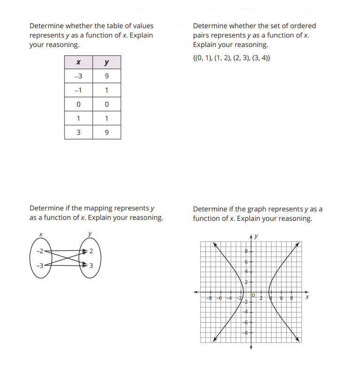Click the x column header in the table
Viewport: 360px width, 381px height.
pos(78,62)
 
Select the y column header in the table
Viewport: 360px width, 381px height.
pos(107,62)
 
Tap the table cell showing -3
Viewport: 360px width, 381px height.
pos(78,77)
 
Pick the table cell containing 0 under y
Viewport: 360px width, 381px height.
pos(107,104)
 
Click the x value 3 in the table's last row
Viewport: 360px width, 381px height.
pos(78,132)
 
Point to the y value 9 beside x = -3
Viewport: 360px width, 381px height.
pos(107,77)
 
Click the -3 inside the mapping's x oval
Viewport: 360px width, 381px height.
pos(41,266)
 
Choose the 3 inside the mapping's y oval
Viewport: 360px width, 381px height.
pos(91,266)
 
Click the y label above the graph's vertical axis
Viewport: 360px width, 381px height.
pos(257,236)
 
